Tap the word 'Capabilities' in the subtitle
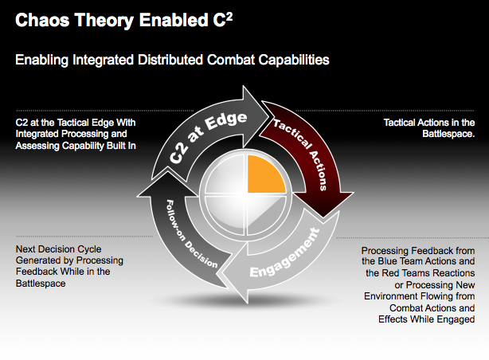(x=288, y=60)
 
